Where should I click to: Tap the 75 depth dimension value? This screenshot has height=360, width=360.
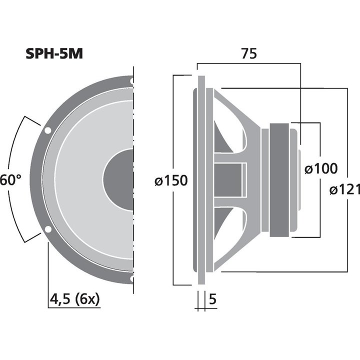click(x=248, y=53)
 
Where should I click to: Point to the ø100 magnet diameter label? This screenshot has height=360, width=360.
click(x=321, y=168)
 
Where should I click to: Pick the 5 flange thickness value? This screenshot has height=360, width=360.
click(x=212, y=300)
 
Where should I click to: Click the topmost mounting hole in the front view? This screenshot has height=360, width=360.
click(x=131, y=80)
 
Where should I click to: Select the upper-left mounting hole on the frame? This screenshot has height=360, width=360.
click(x=47, y=130)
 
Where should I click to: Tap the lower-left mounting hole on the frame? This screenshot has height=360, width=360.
click(x=47, y=229)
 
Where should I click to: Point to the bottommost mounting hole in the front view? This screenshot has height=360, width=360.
click(x=131, y=279)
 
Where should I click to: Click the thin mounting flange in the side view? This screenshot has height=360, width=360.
click(x=200, y=180)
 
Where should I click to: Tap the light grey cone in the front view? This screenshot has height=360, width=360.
click(x=80, y=180)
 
